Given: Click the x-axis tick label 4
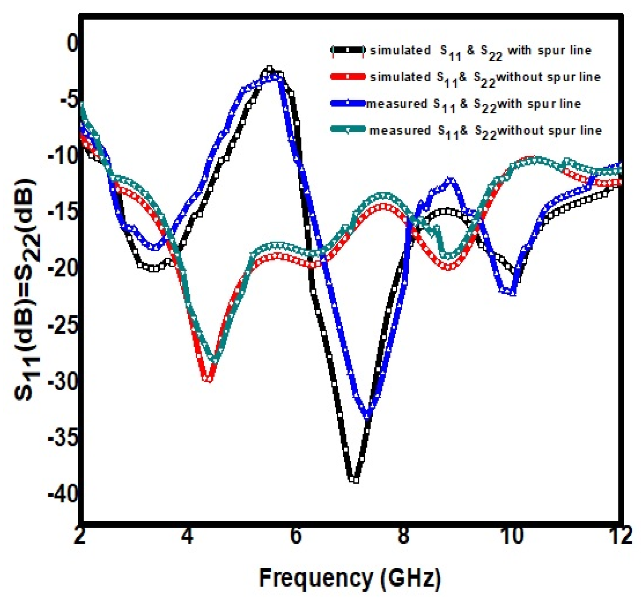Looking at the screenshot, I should point(187,536).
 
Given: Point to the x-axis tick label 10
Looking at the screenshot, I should point(512,536).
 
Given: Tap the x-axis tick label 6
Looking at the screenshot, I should point(296,536).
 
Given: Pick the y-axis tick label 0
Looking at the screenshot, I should point(72,43).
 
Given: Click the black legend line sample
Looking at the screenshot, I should point(348,50).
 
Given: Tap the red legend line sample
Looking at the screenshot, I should point(348,77).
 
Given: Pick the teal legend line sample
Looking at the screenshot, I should point(348,130).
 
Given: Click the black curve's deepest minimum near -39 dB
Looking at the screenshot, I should point(355,479).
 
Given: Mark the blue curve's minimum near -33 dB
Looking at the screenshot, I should point(368,415).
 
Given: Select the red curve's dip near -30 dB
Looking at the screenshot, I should point(208,379).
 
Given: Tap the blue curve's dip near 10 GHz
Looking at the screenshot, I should point(513,293).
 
